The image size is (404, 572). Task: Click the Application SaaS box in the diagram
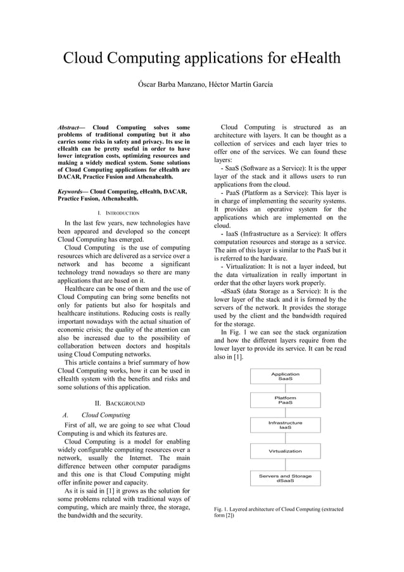pyautogui.click(x=285, y=376)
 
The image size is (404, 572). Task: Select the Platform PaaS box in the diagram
pyautogui.click(x=285, y=400)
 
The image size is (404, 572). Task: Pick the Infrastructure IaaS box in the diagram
pyautogui.click(x=285, y=425)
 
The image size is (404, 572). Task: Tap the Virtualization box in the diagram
pyautogui.click(x=285, y=451)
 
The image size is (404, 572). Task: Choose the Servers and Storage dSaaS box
pyautogui.click(x=285, y=478)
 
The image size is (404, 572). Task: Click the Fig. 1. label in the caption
pyautogui.click(x=223, y=509)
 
